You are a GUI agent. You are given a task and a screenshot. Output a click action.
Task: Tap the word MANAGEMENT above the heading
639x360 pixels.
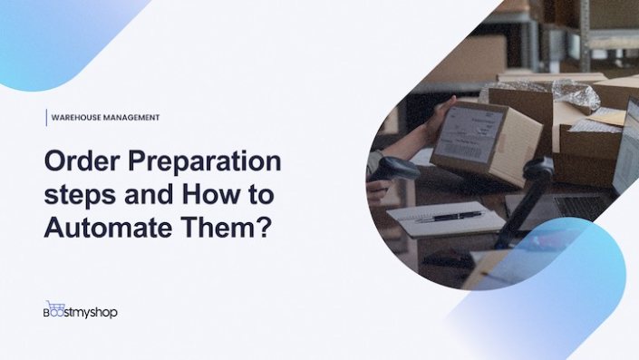point(132,118)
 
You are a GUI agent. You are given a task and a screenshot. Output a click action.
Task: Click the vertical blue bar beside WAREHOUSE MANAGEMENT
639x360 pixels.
point(46,118)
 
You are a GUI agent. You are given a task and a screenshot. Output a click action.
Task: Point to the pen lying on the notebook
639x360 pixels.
point(450,216)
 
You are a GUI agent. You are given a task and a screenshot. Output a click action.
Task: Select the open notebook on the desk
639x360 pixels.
point(444,218)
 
